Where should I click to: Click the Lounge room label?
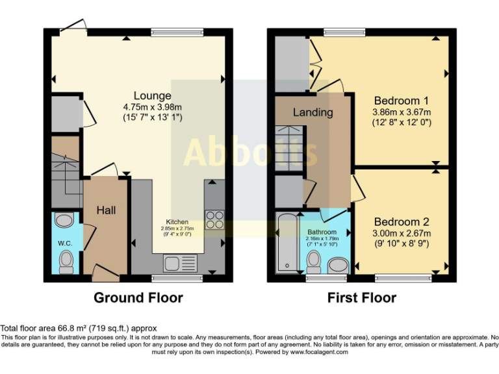pos(153,96)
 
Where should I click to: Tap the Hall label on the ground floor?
pos(106,210)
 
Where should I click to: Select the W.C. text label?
pos(64,243)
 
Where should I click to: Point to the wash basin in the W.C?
pos(64,221)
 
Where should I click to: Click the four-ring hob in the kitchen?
pos(214,220)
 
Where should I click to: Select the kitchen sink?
pos(180,264)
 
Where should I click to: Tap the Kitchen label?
pos(177,221)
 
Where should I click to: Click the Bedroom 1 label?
pos(401,101)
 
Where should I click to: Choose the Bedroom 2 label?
pos(401,222)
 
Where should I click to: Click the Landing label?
pos(313,112)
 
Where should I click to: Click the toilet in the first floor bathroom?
pos(314,262)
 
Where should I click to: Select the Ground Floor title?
pos(138,298)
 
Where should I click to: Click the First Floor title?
pos(361,298)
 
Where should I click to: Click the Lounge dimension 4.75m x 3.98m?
pos(153,107)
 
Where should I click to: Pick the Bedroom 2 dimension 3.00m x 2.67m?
pos(401,233)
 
